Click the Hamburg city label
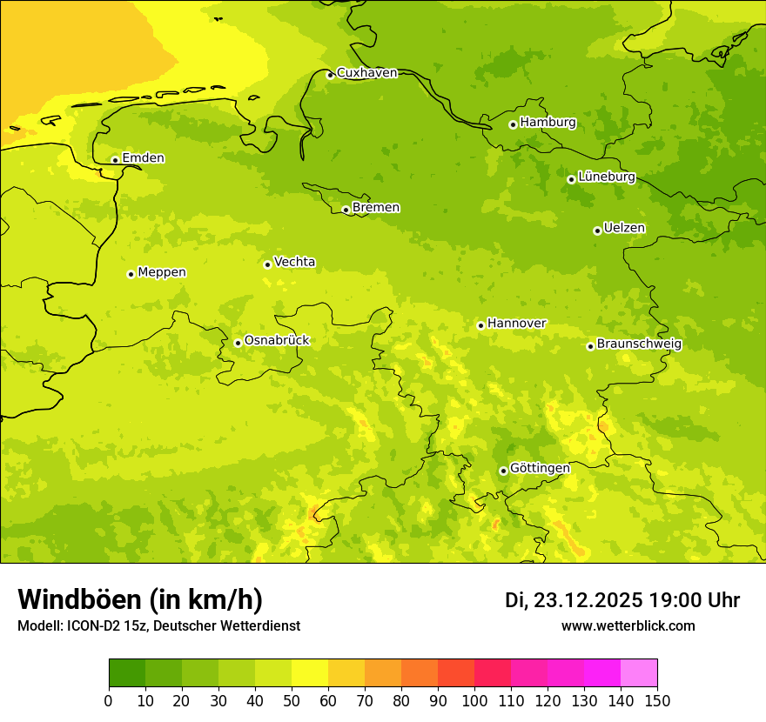pyautogui.click(x=548, y=123)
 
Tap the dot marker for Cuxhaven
pyautogui.click(x=330, y=75)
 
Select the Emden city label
pyautogui.click(x=143, y=158)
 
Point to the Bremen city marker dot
pyautogui.click(x=346, y=210)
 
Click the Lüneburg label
pyautogui.click(x=606, y=177)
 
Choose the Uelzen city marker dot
pyautogui.click(x=597, y=231)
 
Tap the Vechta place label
pyautogui.click(x=294, y=262)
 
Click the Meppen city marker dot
pyautogui.click(x=131, y=274)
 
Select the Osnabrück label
pyautogui.click(x=276, y=340)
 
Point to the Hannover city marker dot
pyautogui.click(x=480, y=325)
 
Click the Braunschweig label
pyautogui.click(x=639, y=344)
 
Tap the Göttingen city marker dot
pyautogui.click(x=503, y=471)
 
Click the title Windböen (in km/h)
pyautogui.click(x=140, y=599)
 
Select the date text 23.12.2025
pyautogui.click(x=588, y=600)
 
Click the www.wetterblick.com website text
pyautogui.click(x=628, y=626)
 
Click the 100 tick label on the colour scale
pyautogui.click(x=474, y=700)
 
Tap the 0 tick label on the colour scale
pyautogui.click(x=109, y=700)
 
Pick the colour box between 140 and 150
pyautogui.click(x=639, y=673)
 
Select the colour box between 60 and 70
pyautogui.click(x=346, y=673)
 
